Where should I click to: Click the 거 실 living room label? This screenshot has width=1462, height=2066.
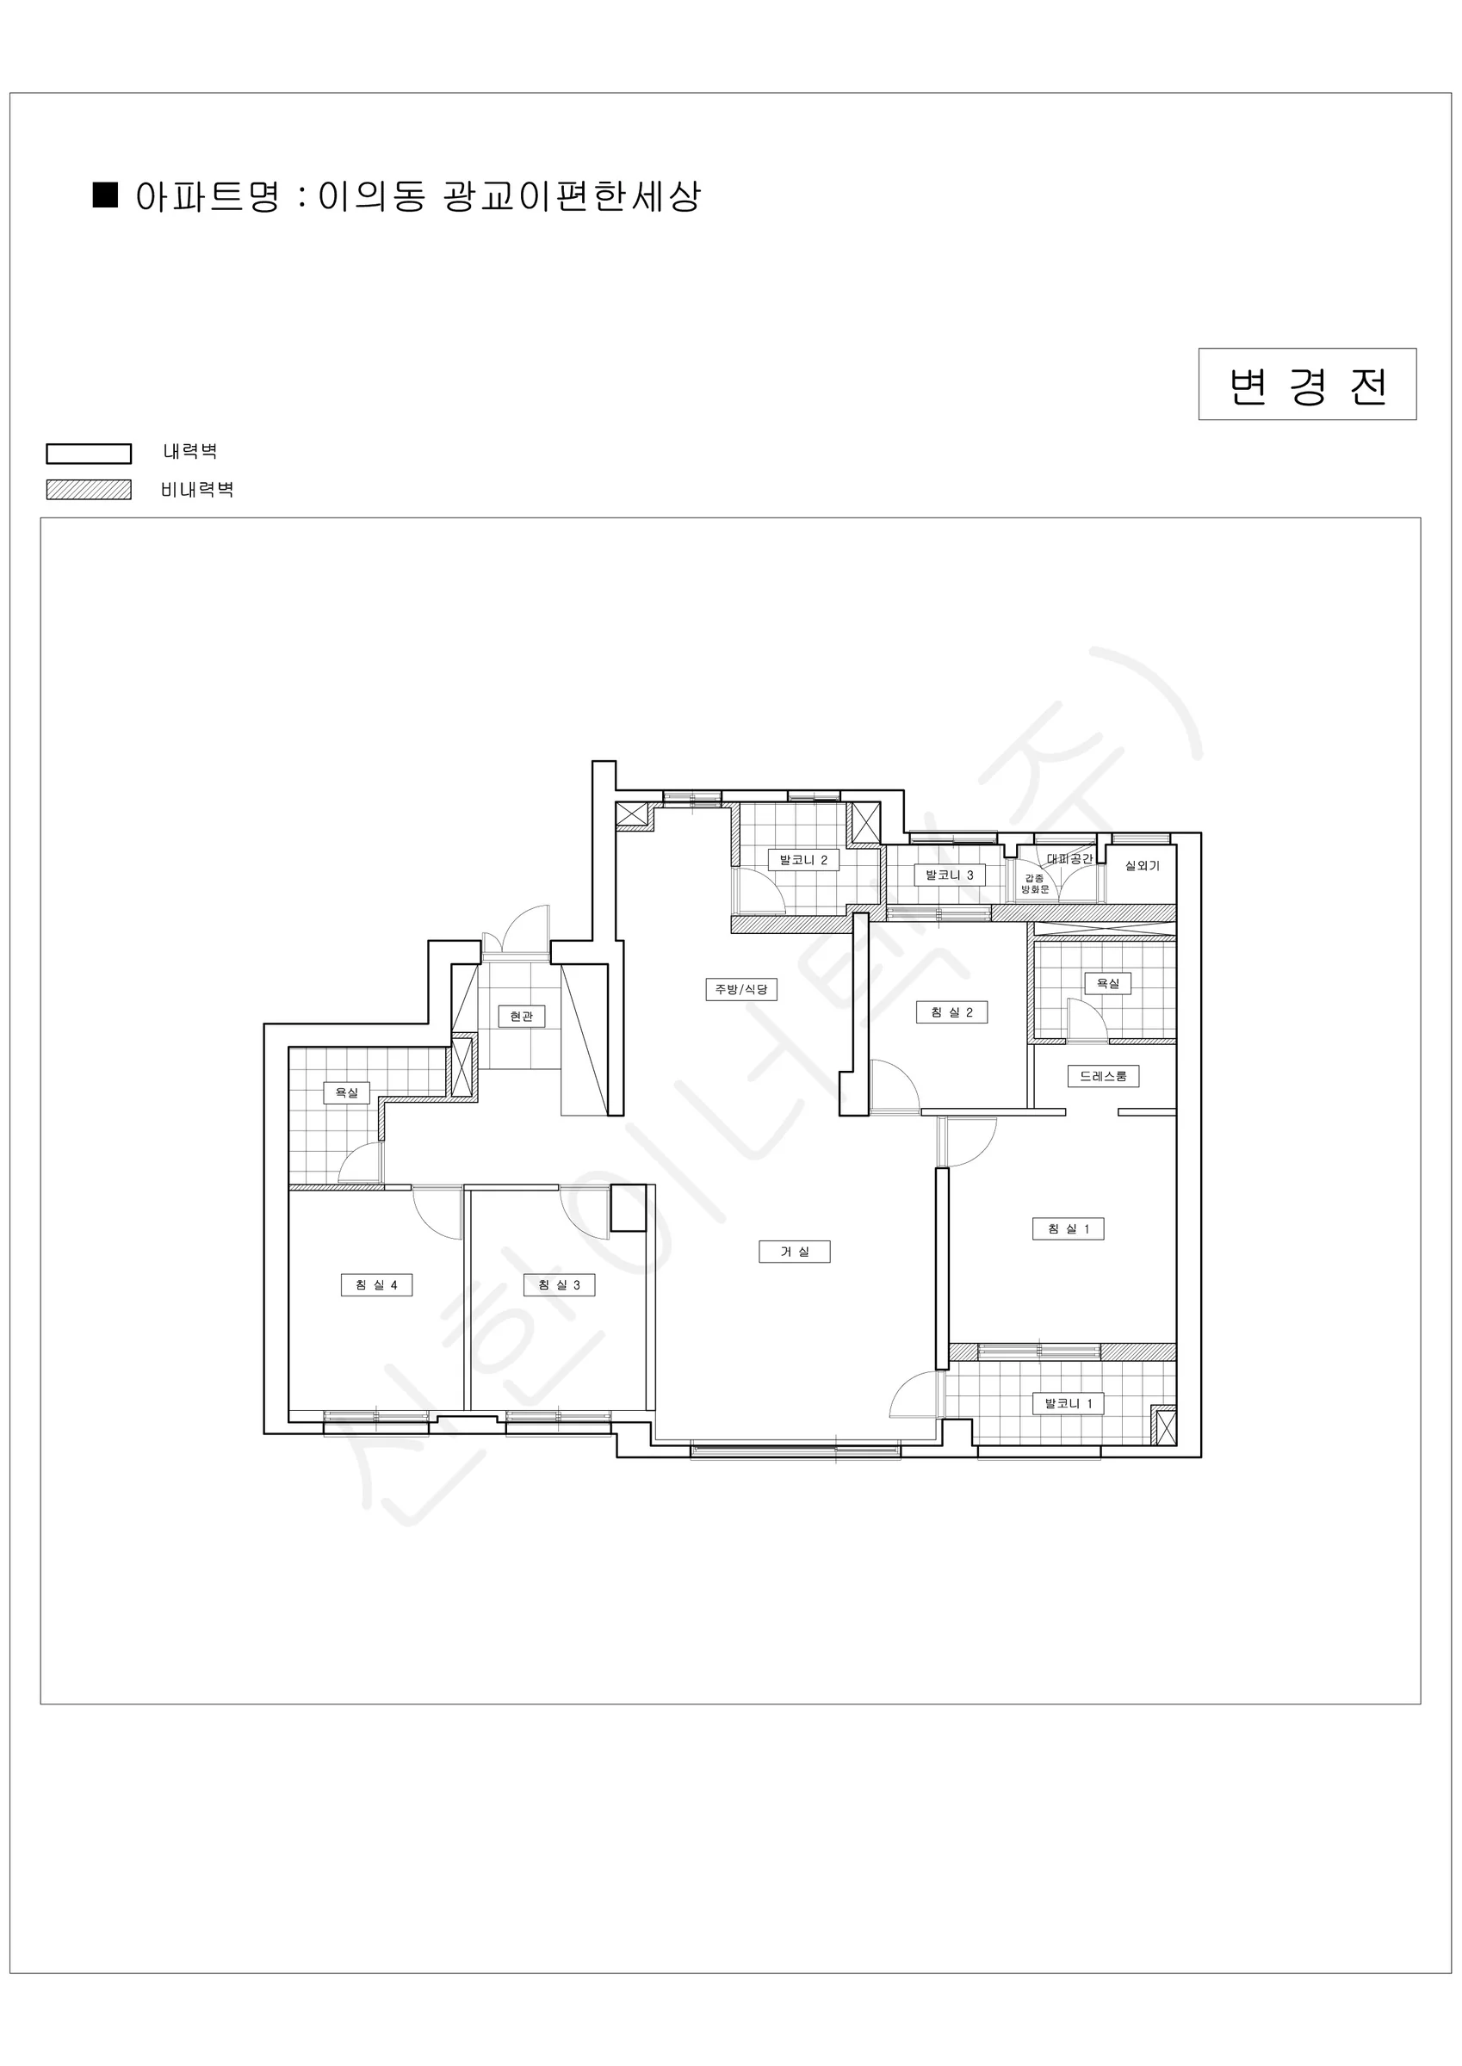click(x=794, y=1252)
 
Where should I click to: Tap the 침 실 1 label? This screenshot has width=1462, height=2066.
click(x=1068, y=1229)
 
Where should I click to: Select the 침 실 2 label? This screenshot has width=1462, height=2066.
click(x=951, y=1012)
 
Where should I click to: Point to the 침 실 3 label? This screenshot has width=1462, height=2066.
click(x=559, y=1285)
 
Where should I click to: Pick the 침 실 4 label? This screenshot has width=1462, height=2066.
click(x=376, y=1285)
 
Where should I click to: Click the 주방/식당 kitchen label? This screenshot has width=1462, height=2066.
click(x=741, y=990)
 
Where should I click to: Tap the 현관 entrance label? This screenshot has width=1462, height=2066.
click(x=521, y=1017)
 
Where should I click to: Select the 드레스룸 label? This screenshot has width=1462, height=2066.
click(x=1103, y=1076)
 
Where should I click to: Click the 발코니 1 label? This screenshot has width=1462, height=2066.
click(x=1068, y=1404)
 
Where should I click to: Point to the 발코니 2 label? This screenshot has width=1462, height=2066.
click(x=803, y=860)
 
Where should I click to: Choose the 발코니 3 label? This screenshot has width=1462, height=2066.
click(x=949, y=875)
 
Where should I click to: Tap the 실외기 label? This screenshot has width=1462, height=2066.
click(x=1143, y=866)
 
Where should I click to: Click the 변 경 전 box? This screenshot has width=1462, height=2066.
click(x=1307, y=384)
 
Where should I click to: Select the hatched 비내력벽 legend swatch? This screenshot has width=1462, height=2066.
click(x=88, y=490)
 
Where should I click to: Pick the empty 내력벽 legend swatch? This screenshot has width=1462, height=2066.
click(x=88, y=454)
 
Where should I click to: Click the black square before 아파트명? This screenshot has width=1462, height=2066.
click(x=105, y=195)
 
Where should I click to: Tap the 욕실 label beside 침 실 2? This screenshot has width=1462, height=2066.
click(x=1107, y=984)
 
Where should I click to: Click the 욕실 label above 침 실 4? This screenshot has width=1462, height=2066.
click(x=347, y=1093)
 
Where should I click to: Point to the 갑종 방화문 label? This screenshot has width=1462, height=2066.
click(x=1034, y=883)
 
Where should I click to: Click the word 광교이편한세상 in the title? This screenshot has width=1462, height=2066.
click(x=572, y=196)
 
